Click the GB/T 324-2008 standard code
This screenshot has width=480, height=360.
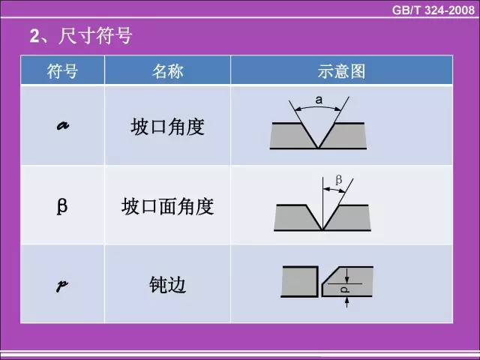433,10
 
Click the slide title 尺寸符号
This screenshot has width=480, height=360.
95,36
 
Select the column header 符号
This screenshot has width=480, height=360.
62,71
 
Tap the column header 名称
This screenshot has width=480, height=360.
167,71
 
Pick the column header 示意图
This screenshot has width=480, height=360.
341,71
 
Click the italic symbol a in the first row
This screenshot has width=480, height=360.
63,125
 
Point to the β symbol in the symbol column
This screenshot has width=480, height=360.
62,205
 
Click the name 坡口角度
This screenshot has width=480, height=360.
167,127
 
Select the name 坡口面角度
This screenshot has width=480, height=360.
167,206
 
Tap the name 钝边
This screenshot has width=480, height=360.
167,285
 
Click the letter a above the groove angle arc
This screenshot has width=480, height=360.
319,100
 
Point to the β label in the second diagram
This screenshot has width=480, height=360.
338,179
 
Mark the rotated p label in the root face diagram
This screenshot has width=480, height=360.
345,289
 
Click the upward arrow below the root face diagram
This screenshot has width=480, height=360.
346,301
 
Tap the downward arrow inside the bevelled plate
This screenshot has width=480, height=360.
346,275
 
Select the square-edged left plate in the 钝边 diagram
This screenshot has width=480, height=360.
300,282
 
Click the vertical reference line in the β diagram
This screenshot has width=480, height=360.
322,203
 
